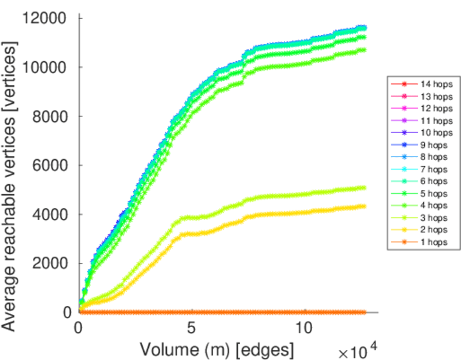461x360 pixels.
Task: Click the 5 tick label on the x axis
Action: [x=191, y=329]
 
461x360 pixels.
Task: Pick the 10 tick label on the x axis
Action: [x=304, y=329]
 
